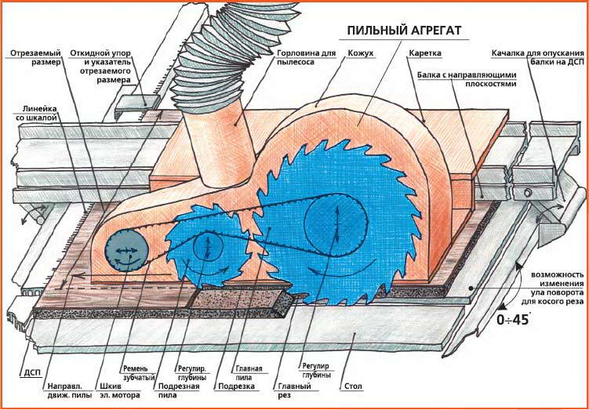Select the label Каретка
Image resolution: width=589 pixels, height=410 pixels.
[424, 53]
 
